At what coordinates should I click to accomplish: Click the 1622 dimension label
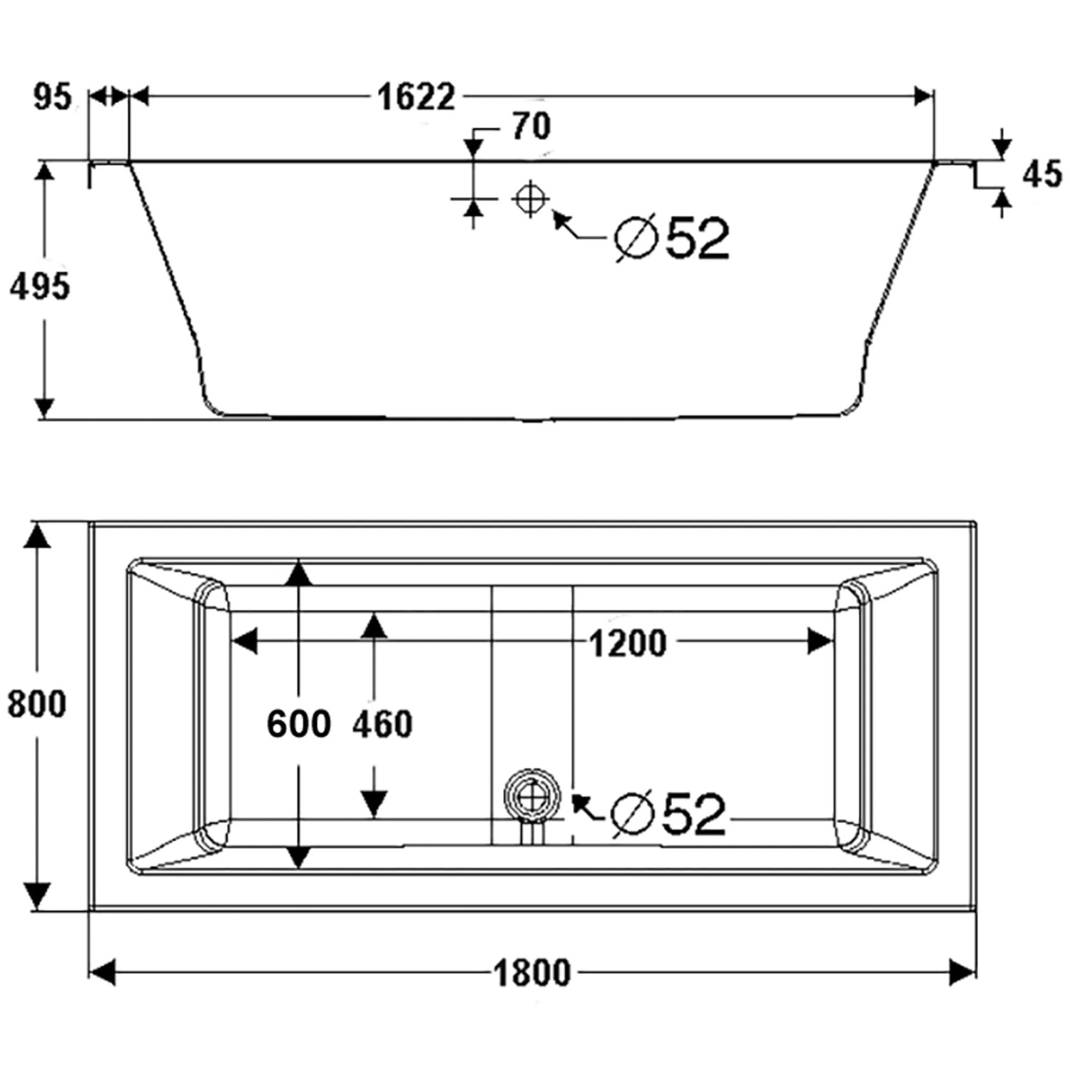click(416, 96)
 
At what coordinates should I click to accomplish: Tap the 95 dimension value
click(53, 96)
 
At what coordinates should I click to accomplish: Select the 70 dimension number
click(531, 127)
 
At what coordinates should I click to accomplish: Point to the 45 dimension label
click(1041, 173)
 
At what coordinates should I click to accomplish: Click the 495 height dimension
click(40, 286)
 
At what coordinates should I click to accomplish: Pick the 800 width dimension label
click(37, 704)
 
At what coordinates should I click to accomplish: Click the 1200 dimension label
click(628, 643)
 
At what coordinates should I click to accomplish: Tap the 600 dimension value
click(299, 724)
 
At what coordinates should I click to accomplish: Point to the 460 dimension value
click(382, 724)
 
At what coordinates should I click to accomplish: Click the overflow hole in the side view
click(529, 198)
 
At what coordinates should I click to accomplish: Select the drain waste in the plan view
click(531, 796)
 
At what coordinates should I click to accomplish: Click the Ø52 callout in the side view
click(673, 238)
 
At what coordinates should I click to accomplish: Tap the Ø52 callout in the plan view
click(669, 814)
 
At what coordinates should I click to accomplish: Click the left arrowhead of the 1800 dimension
click(103, 972)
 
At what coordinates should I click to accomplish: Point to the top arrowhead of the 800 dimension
click(37, 536)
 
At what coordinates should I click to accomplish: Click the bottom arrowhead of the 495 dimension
click(44, 407)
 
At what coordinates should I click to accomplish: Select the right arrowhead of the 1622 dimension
click(924, 96)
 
